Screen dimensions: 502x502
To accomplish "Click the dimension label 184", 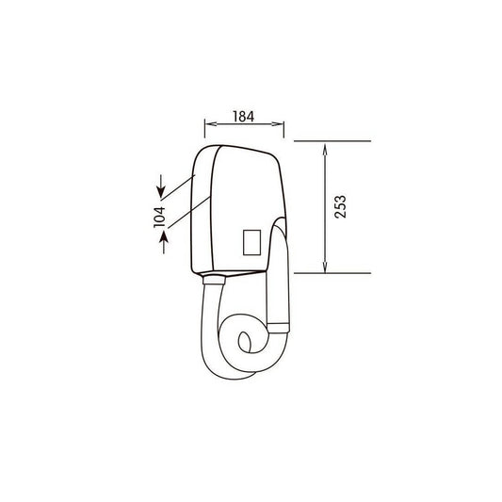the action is pos(244,117).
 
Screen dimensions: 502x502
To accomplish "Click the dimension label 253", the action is pos(340,207).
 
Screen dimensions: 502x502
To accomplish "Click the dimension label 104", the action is pos(159,217).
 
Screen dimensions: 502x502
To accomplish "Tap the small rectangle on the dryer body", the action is pos(252,242).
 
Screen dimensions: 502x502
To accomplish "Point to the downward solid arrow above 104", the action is pos(161,186).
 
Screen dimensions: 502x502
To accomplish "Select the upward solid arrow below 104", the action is pos(164,242).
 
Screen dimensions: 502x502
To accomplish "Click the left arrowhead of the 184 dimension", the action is pos(211,124).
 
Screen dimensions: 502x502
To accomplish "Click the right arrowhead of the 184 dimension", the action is pos(278,124).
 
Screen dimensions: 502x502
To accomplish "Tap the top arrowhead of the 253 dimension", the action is pos(325,150).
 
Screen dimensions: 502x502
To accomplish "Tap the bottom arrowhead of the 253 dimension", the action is pos(325,267).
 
